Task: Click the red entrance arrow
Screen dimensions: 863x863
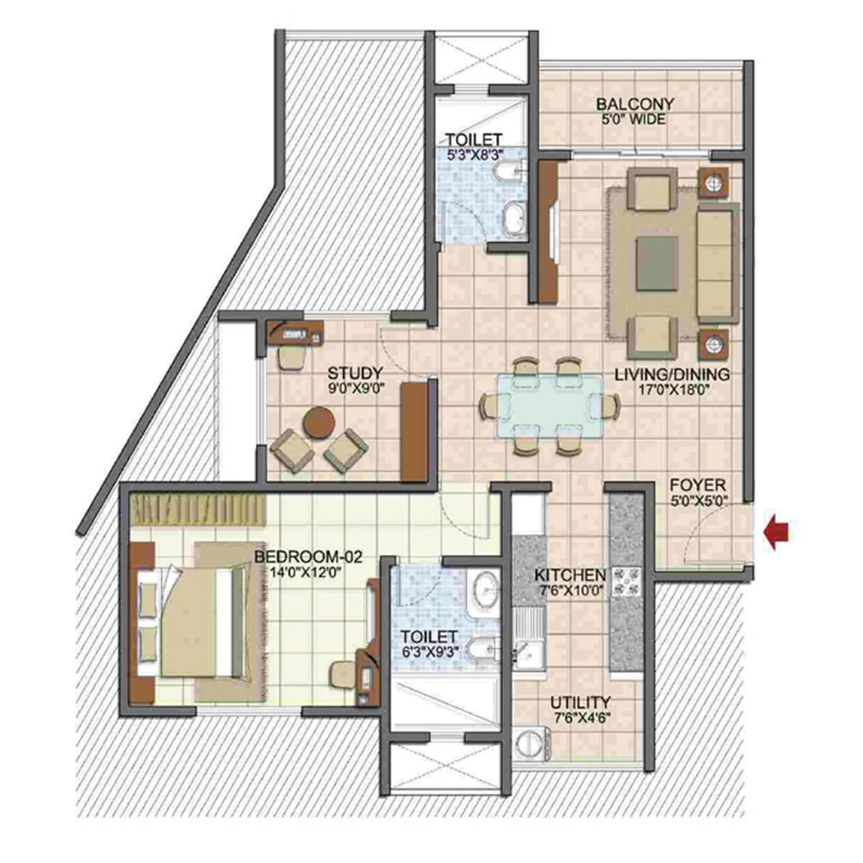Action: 777,535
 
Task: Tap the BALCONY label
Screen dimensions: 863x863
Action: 635,104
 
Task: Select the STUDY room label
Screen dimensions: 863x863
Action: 355,373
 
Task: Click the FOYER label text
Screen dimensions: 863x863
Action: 698,485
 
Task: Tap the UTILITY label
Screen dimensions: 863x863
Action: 580,702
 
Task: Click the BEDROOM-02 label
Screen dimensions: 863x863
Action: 308,557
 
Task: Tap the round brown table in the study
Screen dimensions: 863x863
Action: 319,422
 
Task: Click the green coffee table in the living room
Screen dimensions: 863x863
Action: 657,264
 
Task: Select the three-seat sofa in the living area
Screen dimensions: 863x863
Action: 718,263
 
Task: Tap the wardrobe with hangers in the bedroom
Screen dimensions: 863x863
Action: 198,510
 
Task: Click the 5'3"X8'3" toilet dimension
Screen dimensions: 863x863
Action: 475,155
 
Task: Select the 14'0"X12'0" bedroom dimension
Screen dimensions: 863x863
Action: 308,572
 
